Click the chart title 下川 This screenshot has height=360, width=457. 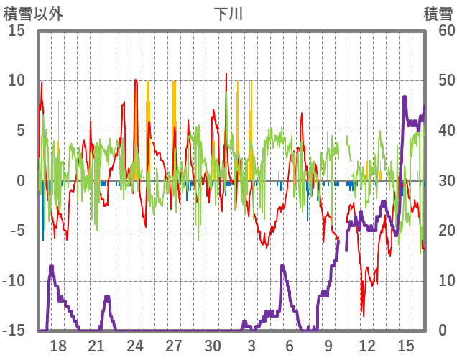click(228, 14)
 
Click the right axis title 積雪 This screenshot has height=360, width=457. click(438, 14)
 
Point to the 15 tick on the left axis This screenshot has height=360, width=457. click(17, 31)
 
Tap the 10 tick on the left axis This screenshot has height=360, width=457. click(17, 80)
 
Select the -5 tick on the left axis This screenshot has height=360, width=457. click(17, 231)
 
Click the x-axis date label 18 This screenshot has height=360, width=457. click(58, 345)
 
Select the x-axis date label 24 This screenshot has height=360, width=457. click(135, 345)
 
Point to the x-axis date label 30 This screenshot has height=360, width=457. click(213, 345)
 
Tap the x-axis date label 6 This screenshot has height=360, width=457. click(290, 345)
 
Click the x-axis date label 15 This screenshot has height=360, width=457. click(406, 345)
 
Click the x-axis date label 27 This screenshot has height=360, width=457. click(174, 345)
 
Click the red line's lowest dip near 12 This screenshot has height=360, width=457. click(363, 315)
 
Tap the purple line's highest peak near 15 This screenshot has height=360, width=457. click(405, 96)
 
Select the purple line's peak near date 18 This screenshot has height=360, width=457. click(52, 267)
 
